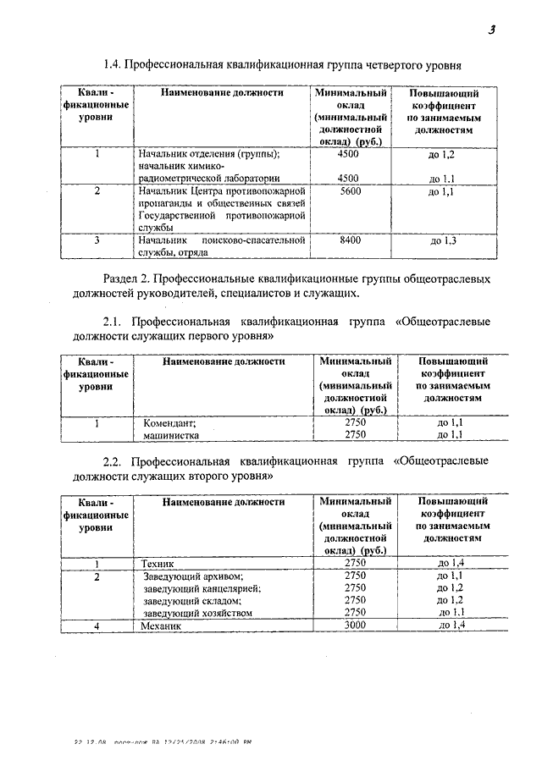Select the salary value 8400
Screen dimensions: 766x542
coord(349,241)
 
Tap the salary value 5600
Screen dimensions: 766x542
coord(349,192)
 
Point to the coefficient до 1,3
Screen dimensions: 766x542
coord(443,241)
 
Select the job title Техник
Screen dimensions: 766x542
coord(158,563)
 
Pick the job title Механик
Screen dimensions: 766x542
coord(163,625)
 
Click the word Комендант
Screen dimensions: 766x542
coord(169,422)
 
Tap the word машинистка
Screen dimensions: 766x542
coord(171,435)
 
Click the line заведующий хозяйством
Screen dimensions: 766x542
coord(198,612)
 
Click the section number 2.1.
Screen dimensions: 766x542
coord(113,322)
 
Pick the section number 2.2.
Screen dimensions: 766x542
coord(113,463)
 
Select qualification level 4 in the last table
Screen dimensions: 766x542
coord(97,625)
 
